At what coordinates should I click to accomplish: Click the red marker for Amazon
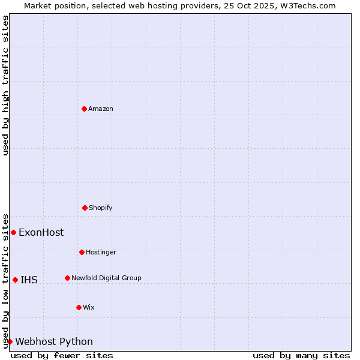tap(84, 109)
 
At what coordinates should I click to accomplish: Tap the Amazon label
tap(101, 109)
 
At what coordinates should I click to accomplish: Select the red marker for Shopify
tap(85, 208)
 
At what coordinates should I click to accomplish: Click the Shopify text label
tap(101, 208)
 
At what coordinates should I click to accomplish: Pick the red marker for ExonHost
tap(13, 232)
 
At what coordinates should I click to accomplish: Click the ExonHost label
tap(41, 233)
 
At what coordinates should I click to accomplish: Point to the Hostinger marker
tap(82, 252)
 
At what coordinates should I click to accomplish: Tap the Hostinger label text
tap(101, 253)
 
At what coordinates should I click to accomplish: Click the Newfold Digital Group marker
tap(67, 278)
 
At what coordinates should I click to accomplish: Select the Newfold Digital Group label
tap(106, 278)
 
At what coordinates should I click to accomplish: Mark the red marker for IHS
tap(15, 280)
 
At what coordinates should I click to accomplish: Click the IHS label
tap(29, 280)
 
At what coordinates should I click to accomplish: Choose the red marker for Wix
tap(79, 307)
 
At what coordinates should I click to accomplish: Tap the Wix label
tap(89, 308)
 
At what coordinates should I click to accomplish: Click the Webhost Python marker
tap(10, 341)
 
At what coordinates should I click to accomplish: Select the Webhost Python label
tap(54, 342)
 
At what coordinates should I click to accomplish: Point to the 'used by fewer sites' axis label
tap(62, 355)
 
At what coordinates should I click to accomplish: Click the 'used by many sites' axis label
tap(301, 355)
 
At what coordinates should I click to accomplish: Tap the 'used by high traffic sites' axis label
tap(5, 85)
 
